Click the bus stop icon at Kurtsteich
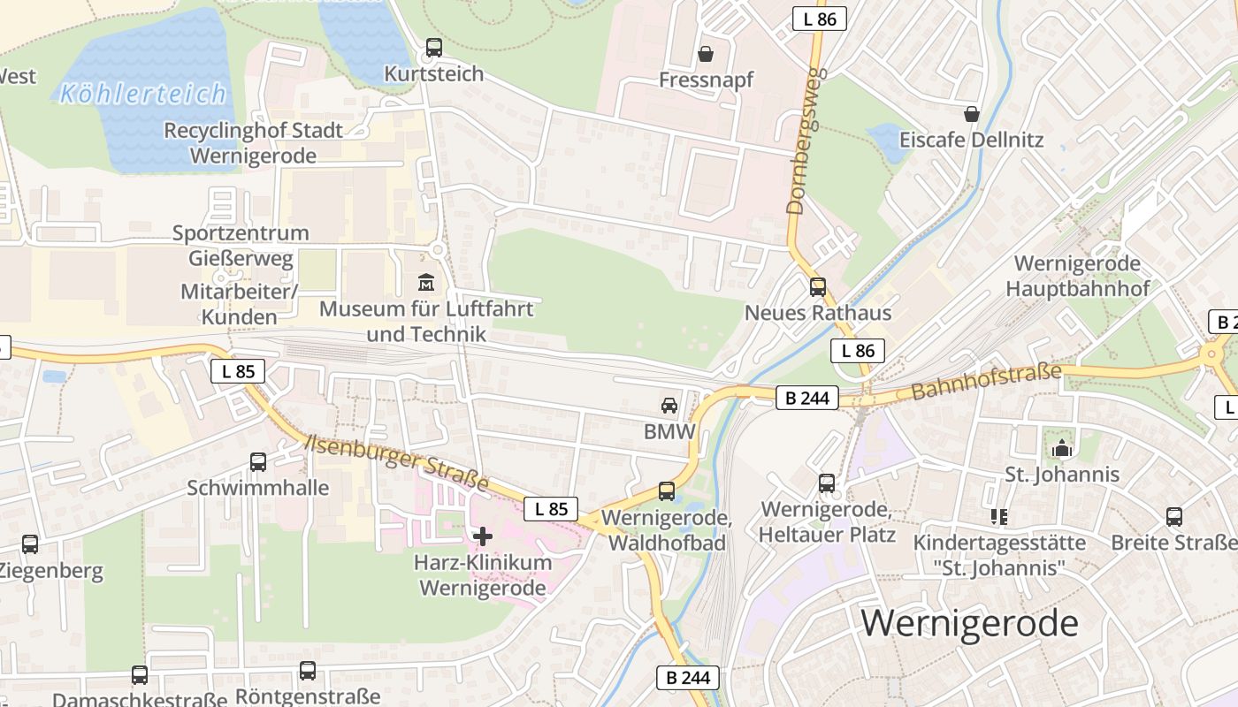(433, 48)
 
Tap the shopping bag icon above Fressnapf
(706, 54)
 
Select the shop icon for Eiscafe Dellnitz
(972, 114)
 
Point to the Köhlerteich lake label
(143, 93)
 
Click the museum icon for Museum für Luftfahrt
(426, 284)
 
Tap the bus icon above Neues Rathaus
(818, 286)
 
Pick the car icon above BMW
(669, 406)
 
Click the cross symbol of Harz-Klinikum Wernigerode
(483, 536)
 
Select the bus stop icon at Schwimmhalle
(258, 461)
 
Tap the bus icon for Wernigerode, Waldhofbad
(667, 491)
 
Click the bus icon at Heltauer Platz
(827, 483)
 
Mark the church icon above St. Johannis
(1062, 448)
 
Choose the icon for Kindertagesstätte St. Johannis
(999, 516)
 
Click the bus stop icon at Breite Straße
(1174, 516)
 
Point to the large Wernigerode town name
(969, 623)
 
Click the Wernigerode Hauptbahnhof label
(1077, 276)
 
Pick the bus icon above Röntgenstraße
(308, 671)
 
